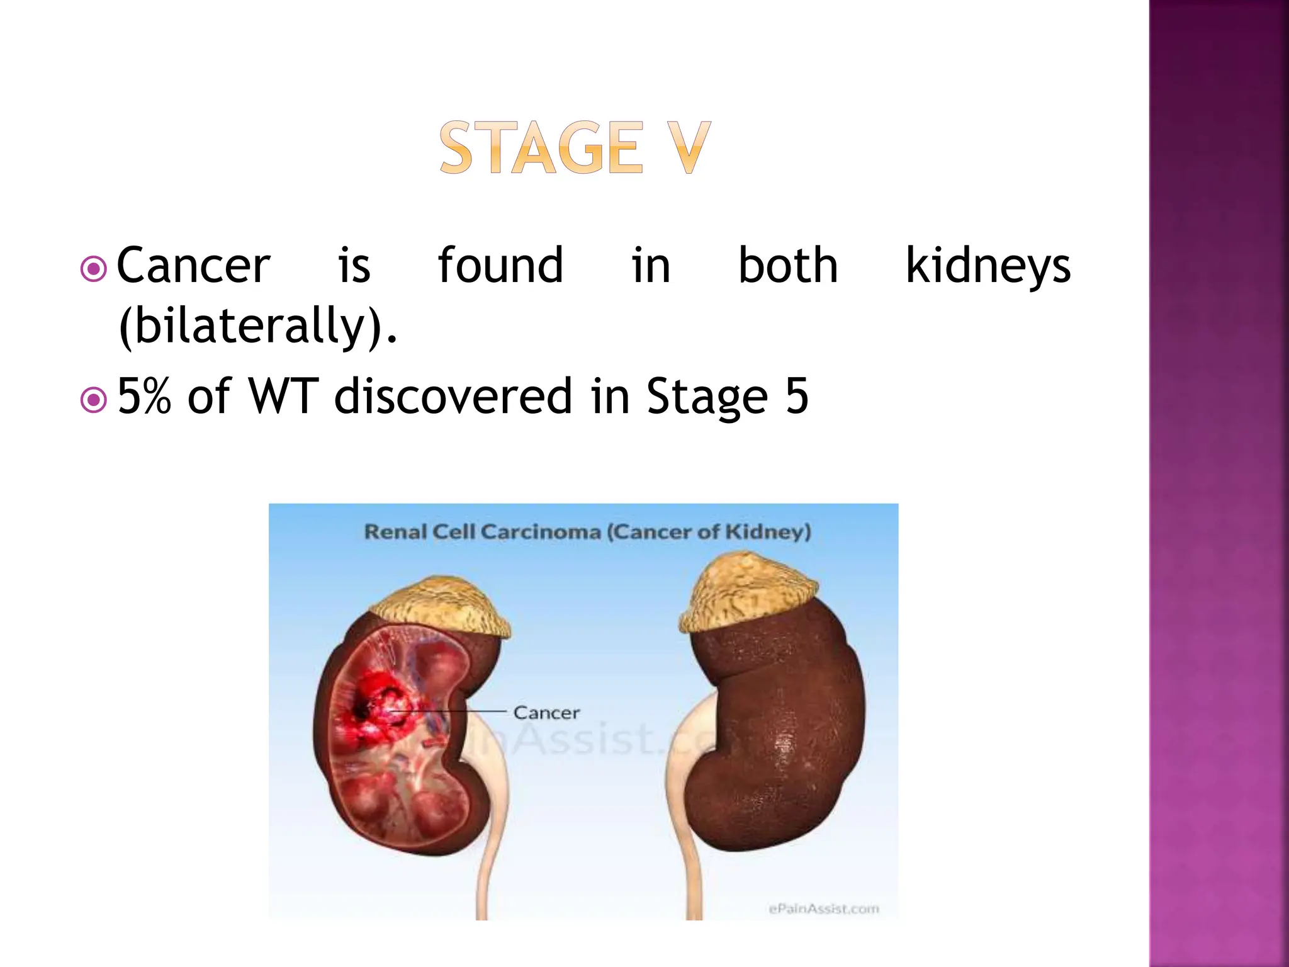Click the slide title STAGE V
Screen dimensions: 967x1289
coord(575,148)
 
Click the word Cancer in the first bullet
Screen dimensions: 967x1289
coord(193,266)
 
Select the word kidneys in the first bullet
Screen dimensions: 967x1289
coord(988,266)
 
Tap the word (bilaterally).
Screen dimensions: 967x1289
coord(258,326)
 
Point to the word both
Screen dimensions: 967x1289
coord(787,266)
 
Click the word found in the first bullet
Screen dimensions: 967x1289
coord(500,266)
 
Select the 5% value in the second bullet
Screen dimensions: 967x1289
coord(144,397)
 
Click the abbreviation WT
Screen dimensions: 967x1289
coord(283,397)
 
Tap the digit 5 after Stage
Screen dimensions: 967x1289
coord(797,397)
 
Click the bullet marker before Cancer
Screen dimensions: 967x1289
coord(94,269)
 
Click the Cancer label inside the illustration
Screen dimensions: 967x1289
coord(546,713)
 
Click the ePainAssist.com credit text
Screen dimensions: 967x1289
coord(823,908)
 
